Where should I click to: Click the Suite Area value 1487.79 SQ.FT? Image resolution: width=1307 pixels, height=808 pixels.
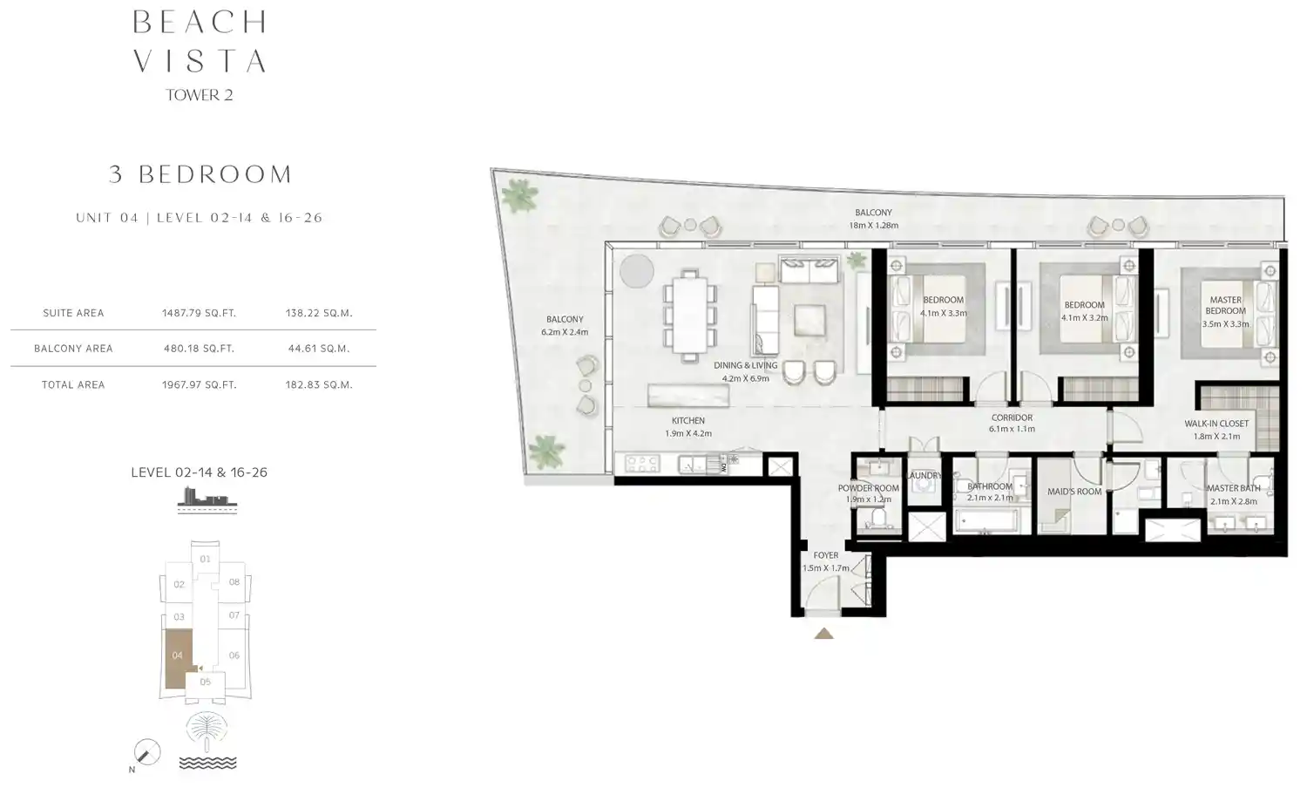coord(199,313)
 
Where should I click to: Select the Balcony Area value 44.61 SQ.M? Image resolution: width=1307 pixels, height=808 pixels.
coord(318,349)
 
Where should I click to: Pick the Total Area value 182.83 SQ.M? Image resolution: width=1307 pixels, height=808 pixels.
coord(318,384)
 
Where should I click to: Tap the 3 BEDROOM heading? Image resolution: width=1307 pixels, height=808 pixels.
coord(200,174)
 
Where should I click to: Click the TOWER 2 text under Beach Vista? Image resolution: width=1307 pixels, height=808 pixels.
coord(200,95)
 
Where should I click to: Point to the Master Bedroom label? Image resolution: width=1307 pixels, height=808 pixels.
coord(1225,305)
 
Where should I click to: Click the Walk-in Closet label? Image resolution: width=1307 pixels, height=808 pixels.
coord(1216,424)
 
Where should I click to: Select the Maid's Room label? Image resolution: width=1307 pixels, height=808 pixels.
coord(1073,492)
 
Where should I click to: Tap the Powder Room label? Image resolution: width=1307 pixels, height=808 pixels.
coord(868,488)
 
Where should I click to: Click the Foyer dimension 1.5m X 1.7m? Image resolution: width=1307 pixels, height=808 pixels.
coord(825,568)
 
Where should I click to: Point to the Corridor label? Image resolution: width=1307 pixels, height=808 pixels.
coord(1012,418)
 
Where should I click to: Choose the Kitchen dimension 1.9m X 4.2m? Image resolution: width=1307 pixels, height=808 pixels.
coord(687,433)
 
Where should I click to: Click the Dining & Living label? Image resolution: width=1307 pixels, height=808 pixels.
coord(745,365)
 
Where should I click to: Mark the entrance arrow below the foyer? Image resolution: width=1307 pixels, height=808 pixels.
coord(823,634)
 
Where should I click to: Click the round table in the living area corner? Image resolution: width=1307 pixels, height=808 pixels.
coord(637,271)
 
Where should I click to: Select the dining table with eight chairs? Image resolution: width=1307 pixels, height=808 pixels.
coord(690,315)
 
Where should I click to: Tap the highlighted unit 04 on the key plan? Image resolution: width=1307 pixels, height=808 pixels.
coord(178,656)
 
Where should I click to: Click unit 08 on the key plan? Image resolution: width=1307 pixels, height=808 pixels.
coord(234,582)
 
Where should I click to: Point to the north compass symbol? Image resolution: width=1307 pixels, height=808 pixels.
coord(147,751)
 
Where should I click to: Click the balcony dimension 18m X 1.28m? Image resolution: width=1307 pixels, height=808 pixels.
coord(873,225)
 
